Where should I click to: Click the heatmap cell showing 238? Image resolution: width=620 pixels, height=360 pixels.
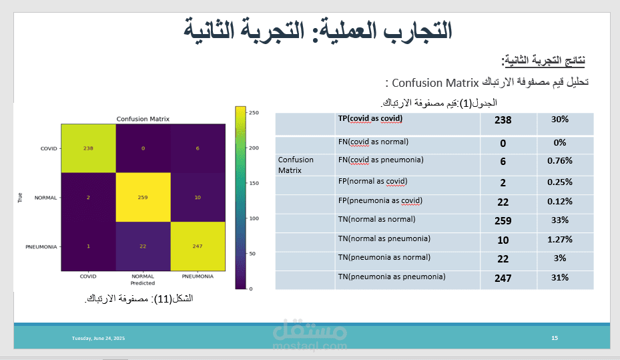88,148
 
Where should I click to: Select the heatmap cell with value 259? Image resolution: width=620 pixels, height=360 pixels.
143,198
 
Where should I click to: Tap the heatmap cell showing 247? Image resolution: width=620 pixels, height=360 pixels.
198,246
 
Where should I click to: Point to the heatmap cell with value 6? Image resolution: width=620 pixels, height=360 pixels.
198,148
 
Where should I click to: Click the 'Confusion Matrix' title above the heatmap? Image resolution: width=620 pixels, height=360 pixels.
143,119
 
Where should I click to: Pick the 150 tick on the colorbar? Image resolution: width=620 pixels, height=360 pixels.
254,183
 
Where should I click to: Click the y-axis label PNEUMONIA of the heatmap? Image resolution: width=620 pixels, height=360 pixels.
41,247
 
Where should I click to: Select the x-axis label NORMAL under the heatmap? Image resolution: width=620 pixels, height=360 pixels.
143,276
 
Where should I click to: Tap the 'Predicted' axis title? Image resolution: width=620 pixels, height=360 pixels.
143,283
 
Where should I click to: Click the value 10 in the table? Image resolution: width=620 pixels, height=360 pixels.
503,240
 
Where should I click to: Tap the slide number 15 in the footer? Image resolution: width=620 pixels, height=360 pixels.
555,338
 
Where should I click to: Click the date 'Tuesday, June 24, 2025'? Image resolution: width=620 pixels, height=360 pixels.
99,338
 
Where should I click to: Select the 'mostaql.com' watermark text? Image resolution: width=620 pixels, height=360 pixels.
310,347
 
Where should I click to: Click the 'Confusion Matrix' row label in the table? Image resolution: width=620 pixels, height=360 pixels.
296,165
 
